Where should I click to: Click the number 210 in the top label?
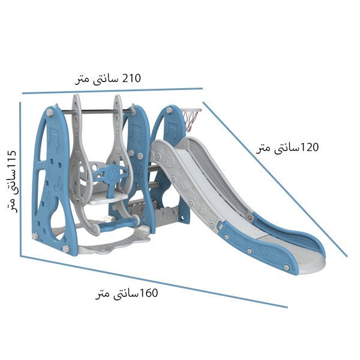[131, 78]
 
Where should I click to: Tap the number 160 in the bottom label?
[148, 293]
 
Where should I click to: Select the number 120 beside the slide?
[309, 147]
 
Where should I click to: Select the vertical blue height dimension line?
[20, 179]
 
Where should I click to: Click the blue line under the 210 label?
[113, 91]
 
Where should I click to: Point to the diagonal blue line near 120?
[275, 179]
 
